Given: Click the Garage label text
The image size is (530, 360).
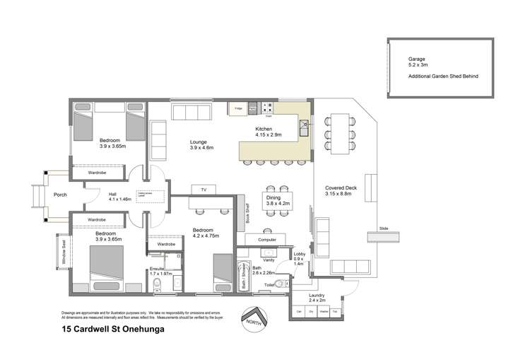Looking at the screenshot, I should [417, 59].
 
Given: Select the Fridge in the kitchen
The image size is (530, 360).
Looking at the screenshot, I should [237, 109].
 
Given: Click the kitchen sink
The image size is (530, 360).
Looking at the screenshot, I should [303, 128].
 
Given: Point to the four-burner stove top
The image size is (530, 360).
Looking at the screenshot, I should [268, 108].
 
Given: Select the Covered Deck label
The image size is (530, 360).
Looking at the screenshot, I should [338, 189].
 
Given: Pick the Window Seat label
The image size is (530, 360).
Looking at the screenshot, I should [64, 251].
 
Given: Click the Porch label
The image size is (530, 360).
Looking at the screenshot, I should [61, 195].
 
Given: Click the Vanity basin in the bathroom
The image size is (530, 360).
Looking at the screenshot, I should [269, 252].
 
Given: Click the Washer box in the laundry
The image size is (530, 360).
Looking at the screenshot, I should [324, 311].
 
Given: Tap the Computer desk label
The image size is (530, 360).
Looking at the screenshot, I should [267, 240].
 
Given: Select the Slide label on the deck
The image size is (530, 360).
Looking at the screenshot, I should [384, 228].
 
